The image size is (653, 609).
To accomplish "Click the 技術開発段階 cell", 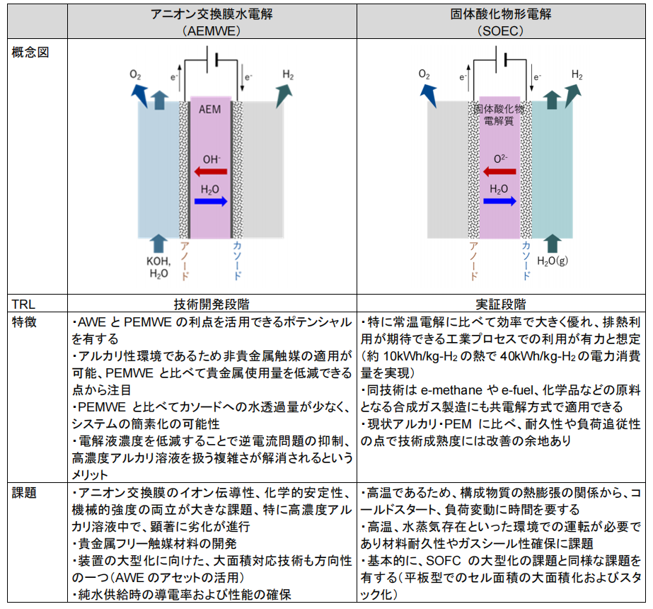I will (x=212, y=304).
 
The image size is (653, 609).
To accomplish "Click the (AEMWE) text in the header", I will (x=212, y=30).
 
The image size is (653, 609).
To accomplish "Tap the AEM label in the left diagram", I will (x=209, y=110).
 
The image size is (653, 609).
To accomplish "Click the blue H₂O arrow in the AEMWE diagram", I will (x=211, y=202).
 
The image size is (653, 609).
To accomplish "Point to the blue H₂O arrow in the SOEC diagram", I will (x=499, y=202).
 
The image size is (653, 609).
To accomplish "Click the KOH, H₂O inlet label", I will (x=158, y=267).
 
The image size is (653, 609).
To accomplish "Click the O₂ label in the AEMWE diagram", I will (x=135, y=74).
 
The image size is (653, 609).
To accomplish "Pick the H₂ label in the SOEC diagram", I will (x=577, y=75).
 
